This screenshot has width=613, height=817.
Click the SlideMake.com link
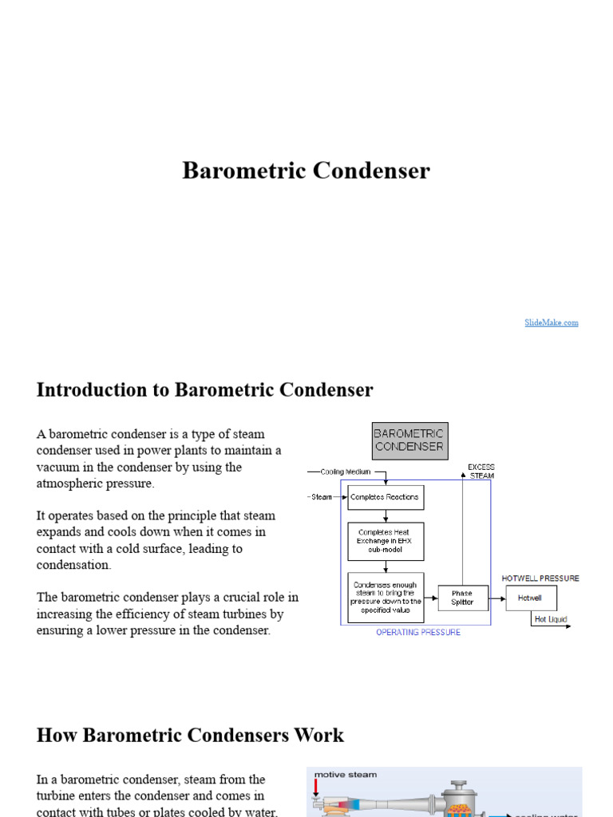point(552,322)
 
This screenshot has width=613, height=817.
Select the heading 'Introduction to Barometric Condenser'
point(204,390)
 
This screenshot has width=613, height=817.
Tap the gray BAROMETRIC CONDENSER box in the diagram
point(409,441)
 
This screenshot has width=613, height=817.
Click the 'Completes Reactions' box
point(386,497)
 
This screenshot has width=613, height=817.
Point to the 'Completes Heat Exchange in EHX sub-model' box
point(386,541)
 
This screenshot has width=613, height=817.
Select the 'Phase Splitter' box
point(462,598)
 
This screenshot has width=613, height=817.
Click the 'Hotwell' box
point(530,598)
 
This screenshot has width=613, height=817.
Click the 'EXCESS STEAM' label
point(481,471)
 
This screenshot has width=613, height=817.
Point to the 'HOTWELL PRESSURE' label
point(540,578)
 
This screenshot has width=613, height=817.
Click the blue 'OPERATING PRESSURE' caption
point(418,632)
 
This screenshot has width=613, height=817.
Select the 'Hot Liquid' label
point(550,618)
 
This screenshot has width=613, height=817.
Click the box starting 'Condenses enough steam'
point(386,598)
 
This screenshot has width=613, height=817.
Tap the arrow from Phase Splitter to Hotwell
point(497,598)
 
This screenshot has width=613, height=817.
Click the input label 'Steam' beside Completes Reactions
point(322,497)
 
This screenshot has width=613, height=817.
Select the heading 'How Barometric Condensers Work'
point(190,735)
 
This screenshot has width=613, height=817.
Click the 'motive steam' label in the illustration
point(346,774)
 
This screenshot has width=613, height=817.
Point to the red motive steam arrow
point(317,790)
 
